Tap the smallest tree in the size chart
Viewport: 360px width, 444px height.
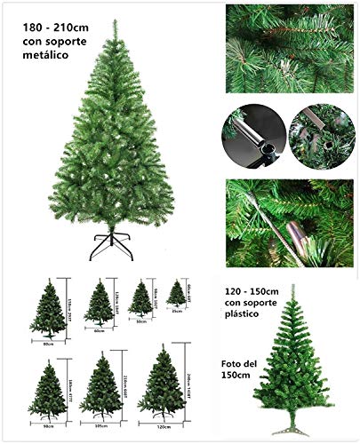(176, 294)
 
